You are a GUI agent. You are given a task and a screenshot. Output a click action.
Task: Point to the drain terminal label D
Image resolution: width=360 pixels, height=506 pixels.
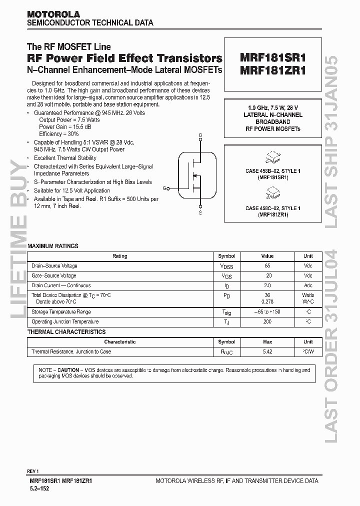pyautogui.click(x=200, y=135)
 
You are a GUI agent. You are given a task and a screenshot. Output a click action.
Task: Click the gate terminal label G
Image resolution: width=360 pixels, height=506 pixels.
pyautogui.click(x=164, y=188)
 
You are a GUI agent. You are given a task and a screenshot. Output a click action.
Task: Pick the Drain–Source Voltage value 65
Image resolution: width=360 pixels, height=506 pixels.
pyautogui.click(x=267, y=266)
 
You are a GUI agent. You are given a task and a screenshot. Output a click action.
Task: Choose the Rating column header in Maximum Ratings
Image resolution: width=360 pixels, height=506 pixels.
pyautogui.click(x=119, y=256)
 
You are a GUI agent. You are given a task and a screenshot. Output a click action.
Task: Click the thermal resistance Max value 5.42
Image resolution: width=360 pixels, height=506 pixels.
pyautogui.click(x=267, y=352)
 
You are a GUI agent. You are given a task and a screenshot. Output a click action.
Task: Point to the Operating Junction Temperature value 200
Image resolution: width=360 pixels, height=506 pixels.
pyautogui.click(x=267, y=322)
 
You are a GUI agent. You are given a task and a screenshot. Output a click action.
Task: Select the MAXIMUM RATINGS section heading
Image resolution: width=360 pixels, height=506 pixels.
pyautogui.click(x=52, y=246)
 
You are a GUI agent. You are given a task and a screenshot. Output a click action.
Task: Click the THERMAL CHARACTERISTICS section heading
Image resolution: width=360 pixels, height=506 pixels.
pyautogui.click(x=66, y=332)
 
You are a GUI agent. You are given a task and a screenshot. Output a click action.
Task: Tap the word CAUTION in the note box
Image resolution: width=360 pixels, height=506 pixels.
pyautogui.click(x=68, y=370)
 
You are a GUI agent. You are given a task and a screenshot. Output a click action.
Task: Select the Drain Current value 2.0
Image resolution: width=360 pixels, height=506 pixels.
pyautogui.click(x=267, y=285)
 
